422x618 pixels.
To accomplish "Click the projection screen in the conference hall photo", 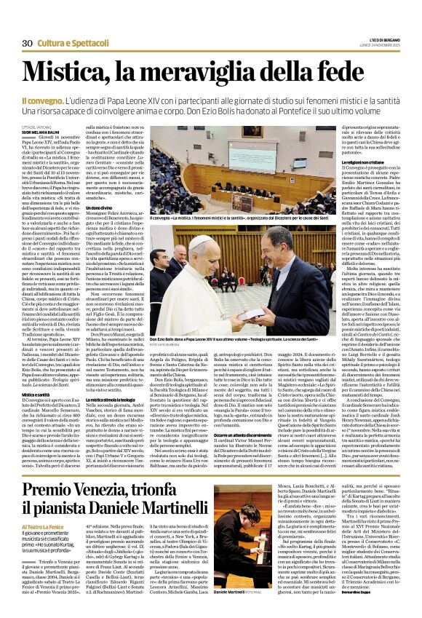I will click(x=206, y=158).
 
